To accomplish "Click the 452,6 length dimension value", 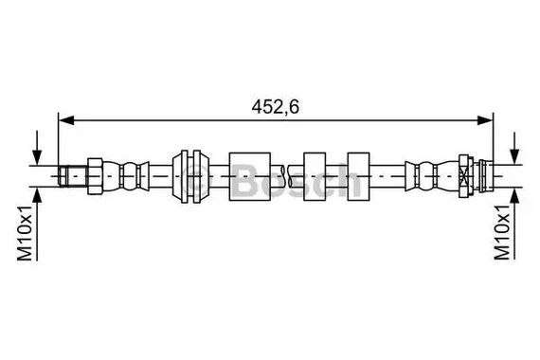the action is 275,107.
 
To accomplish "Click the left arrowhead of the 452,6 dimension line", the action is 66,120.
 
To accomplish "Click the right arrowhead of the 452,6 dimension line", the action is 485,120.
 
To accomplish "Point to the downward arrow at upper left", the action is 37,148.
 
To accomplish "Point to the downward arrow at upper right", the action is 514,148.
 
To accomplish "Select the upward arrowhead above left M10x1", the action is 37,197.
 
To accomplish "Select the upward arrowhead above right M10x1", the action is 514,197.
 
